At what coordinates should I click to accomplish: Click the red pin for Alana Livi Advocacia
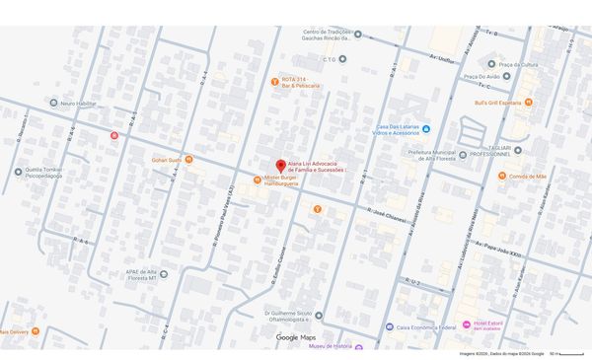pyautogui.click(x=280, y=166)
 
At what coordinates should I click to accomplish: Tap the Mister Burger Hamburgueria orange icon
pyautogui.click(x=258, y=180)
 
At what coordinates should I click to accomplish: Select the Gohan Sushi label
pyautogui.click(x=166, y=159)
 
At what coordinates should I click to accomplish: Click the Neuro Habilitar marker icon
pyautogui.click(x=54, y=104)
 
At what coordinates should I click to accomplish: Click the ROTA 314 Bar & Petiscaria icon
pyautogui.click(x=275, y=81)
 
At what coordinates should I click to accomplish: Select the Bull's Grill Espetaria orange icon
pyautogui.click(x=529, y=103)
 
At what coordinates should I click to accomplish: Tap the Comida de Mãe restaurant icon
pyautogui.click(x=502, y=176)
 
